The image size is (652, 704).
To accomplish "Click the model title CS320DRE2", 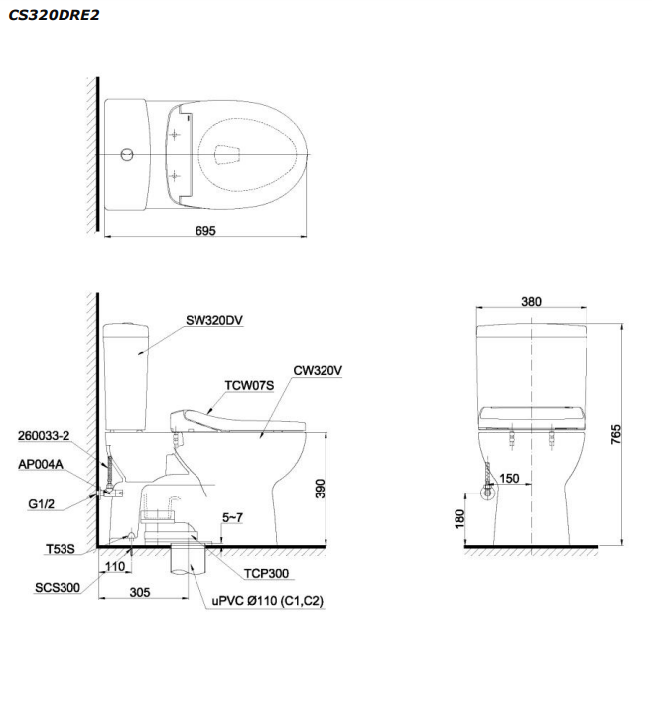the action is coord(54,15).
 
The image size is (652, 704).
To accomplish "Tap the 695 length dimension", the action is coord(205,230).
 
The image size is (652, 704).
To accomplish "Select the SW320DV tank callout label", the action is coord(214,320).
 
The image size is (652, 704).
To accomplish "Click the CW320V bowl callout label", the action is coord(318,370).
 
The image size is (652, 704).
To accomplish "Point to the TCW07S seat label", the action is coord(249,385).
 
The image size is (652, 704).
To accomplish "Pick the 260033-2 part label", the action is coord(44,436).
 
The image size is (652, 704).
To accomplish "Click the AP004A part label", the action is coord(41,464).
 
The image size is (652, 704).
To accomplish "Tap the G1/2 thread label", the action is coord(41,504).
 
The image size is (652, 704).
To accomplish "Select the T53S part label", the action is coord(61,549).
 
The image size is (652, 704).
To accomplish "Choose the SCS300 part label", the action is coord(58,587).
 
